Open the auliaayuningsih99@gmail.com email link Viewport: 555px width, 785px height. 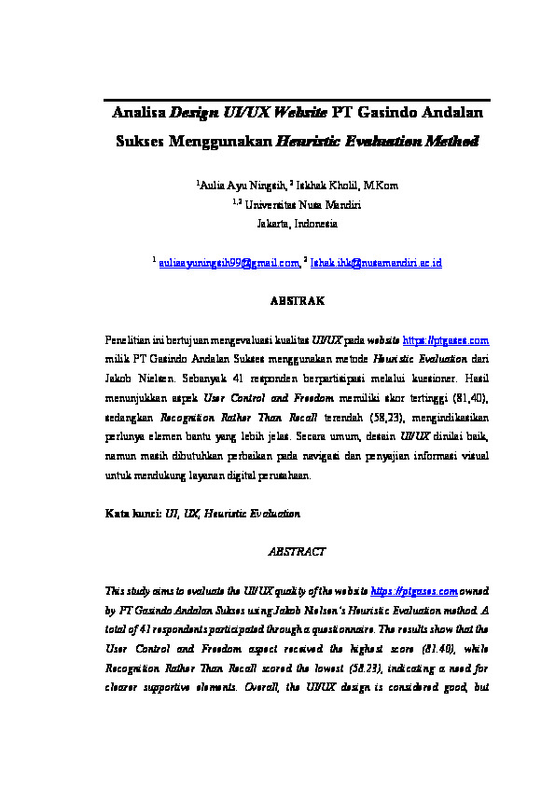click(x=229, y=264)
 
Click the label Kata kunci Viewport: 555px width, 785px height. click(x=134, y=513)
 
